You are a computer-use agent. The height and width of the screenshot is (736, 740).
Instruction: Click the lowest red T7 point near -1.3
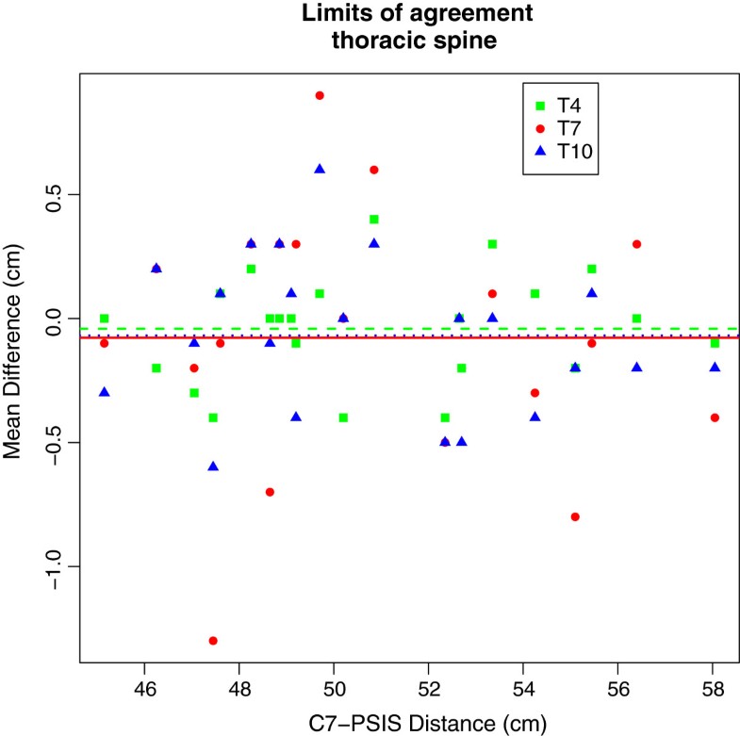(213, 641)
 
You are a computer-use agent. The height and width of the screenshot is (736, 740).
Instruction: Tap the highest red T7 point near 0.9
(320, 95)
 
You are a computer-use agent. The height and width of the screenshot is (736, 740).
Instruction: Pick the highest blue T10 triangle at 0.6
(320, 170)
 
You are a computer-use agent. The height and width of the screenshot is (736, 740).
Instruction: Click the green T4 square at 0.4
(374, 220)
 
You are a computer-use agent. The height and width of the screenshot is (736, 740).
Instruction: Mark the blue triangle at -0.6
(213, 466)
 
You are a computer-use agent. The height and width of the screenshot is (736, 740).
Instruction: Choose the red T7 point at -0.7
(270, 492)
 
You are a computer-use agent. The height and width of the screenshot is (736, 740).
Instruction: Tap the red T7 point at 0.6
(374, 170)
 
